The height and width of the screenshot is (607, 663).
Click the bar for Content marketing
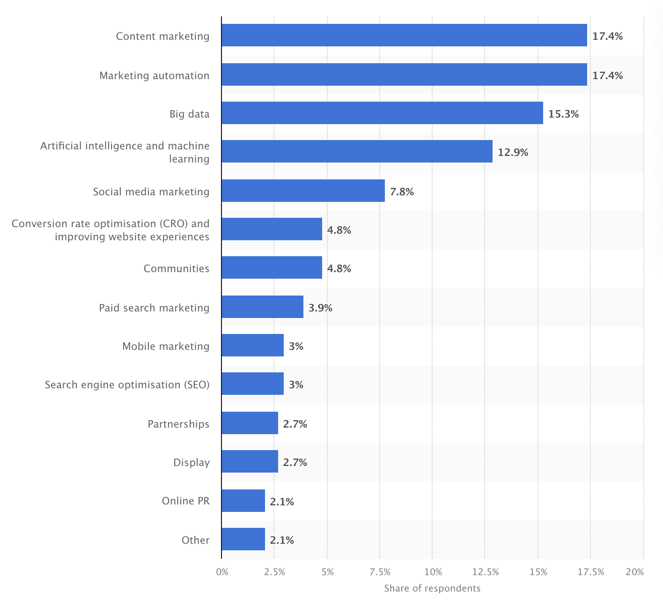(x=404, y=35)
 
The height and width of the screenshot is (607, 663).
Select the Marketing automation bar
(x=404, y=74)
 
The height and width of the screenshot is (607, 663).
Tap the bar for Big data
(x=382, y=113)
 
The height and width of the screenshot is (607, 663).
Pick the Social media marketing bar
(x=303, y=191)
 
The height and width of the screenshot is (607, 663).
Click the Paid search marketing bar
(x=262, y=307)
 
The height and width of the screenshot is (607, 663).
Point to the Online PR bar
(x=243, y=501)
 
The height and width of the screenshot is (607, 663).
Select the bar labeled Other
(x=243, y=539)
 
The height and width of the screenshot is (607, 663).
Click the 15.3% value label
(x=563, y=114)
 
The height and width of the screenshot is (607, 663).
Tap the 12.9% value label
(x=513, y=152)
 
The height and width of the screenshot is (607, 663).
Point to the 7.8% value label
(x=402, y=192)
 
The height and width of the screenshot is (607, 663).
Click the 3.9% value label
(x=320, y=308)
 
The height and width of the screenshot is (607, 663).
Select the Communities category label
(x=176, y=268)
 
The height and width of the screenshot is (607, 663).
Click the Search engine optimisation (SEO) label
(x=127, y=385)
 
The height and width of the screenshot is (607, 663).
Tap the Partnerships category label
(x=178, y=424)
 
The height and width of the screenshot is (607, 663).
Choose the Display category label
(x=191, y=462)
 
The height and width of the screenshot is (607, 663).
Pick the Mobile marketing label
(x=166, y=346)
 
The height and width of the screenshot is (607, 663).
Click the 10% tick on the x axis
(x=433, y=572)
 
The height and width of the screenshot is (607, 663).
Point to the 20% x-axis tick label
(x=635, y=572)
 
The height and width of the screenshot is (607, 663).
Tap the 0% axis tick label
(x=222, y=572)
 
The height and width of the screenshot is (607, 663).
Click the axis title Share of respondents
(x=432, y=588)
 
